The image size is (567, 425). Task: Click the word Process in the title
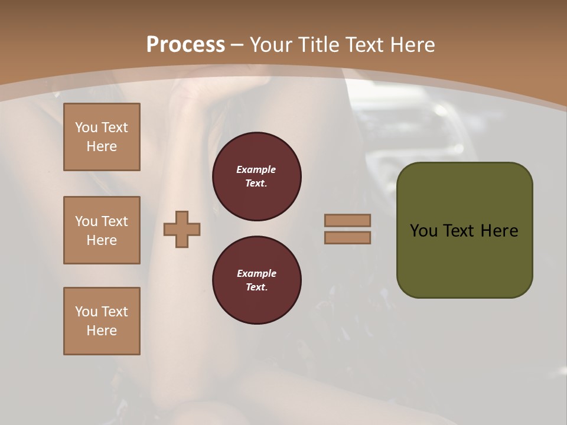pos(185,45)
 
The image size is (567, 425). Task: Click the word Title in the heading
pos(320,45)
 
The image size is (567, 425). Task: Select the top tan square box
pos(102,137)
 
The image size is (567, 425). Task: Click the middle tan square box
pos(102,230)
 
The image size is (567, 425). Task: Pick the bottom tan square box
pos(102,321)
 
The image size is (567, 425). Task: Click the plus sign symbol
pos(182,230)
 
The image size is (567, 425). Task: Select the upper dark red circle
pos(257,176)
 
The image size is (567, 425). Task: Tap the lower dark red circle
pos(257,280)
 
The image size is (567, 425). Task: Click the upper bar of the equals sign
pos(348,221)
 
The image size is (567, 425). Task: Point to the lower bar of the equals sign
pos(348,238)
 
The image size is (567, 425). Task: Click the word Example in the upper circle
pos(256,169)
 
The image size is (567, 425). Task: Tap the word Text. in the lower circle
pos(256,287)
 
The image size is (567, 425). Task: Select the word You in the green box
pos(423,231)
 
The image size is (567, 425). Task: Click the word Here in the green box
pos(500,231)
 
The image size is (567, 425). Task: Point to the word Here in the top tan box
pos(102,146)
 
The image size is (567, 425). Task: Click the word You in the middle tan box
pos(86,221)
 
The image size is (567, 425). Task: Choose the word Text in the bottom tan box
pos(115,312)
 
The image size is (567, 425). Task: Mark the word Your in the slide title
pos(271,45)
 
